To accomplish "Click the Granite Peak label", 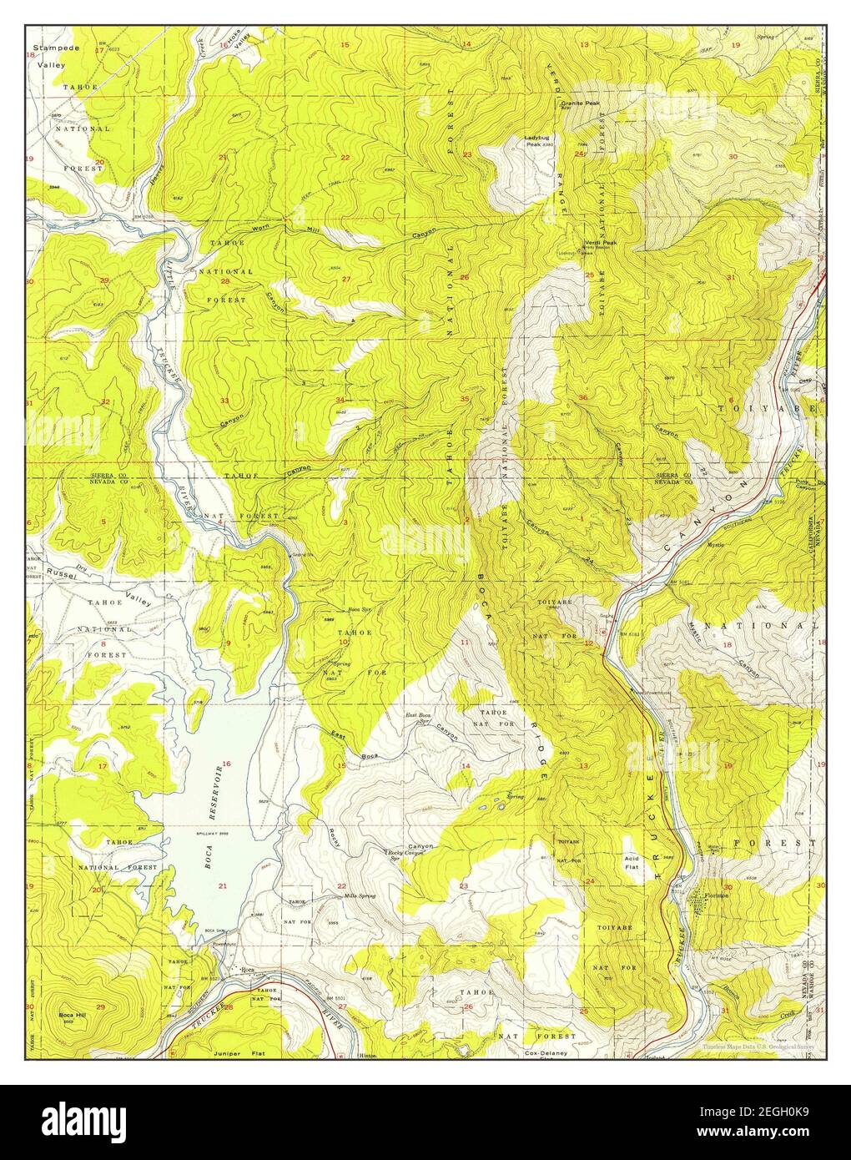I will tap(580, 103).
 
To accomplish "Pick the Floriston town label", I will tap(716, 895).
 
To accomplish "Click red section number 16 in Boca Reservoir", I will tap(226, 764).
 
